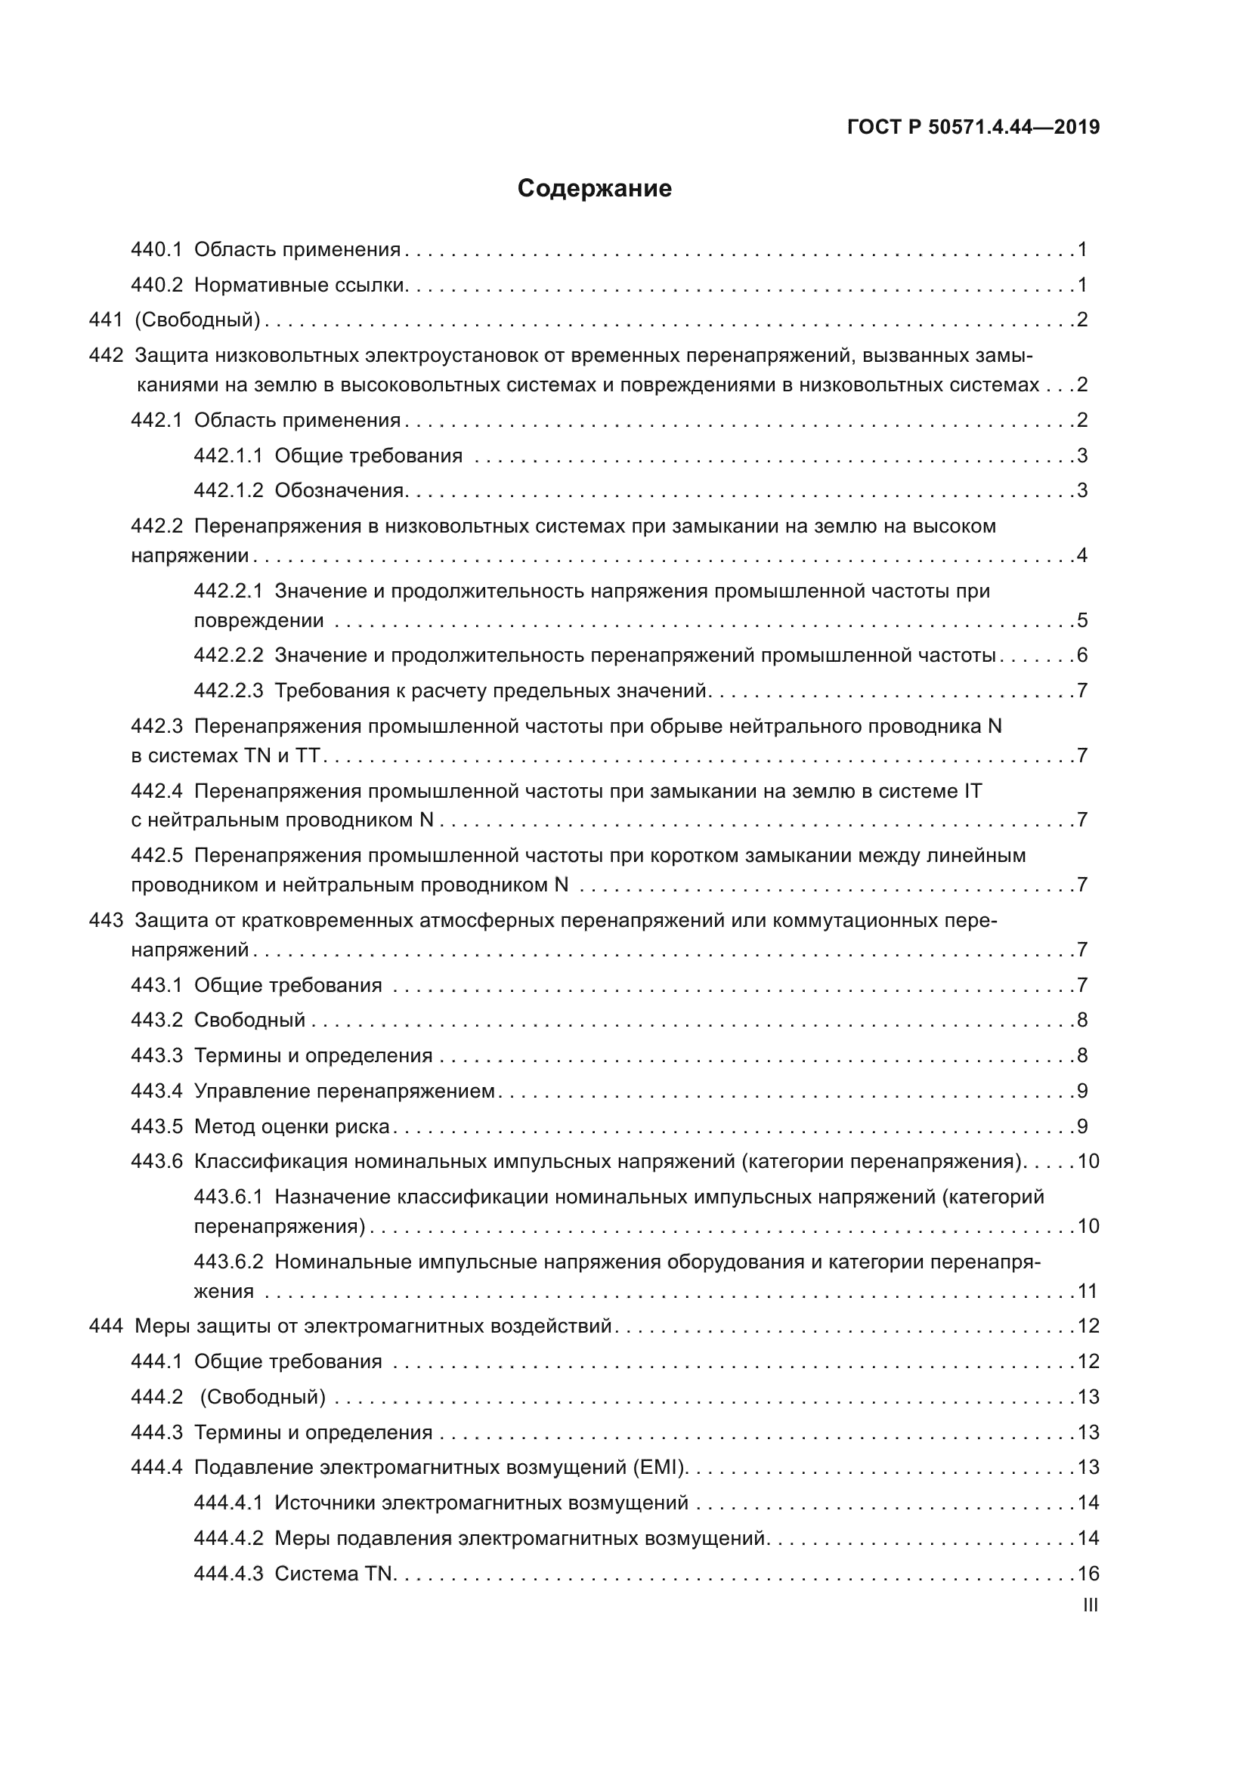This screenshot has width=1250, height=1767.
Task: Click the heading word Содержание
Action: click(594, 189)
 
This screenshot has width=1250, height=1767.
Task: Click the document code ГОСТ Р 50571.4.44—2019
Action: click(973, 128)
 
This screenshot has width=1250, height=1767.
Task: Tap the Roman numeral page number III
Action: click(1090, 1605)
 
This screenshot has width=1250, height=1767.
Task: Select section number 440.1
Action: click(156, 249)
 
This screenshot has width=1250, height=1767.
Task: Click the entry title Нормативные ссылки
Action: click(299, 286)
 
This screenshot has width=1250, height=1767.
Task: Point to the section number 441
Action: click(107, 320)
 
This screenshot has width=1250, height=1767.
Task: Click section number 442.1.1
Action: click(227, 456)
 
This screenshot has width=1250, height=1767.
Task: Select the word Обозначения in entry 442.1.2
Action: click(339, 490)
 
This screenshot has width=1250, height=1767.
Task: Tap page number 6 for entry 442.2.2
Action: click(1082, 655)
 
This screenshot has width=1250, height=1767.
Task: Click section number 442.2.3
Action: click(227, 690)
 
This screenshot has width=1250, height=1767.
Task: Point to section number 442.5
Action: click(156, 855)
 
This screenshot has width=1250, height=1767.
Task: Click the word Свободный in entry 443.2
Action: click(249, 1020)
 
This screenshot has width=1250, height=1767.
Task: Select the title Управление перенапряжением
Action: click(344, 1091)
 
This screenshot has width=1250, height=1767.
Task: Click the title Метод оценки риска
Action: click(292, 1126)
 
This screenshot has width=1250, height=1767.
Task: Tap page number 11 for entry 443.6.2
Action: click(1088, 1290)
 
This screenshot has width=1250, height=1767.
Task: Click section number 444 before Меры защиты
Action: click(107, 1326)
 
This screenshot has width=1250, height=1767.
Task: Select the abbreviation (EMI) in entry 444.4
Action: click(659, 1467)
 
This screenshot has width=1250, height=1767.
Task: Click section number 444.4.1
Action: click(227, 1503)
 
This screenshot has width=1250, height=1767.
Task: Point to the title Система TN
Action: click(333, 1573)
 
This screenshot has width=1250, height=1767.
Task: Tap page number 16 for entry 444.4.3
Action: click(1088, 1573)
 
